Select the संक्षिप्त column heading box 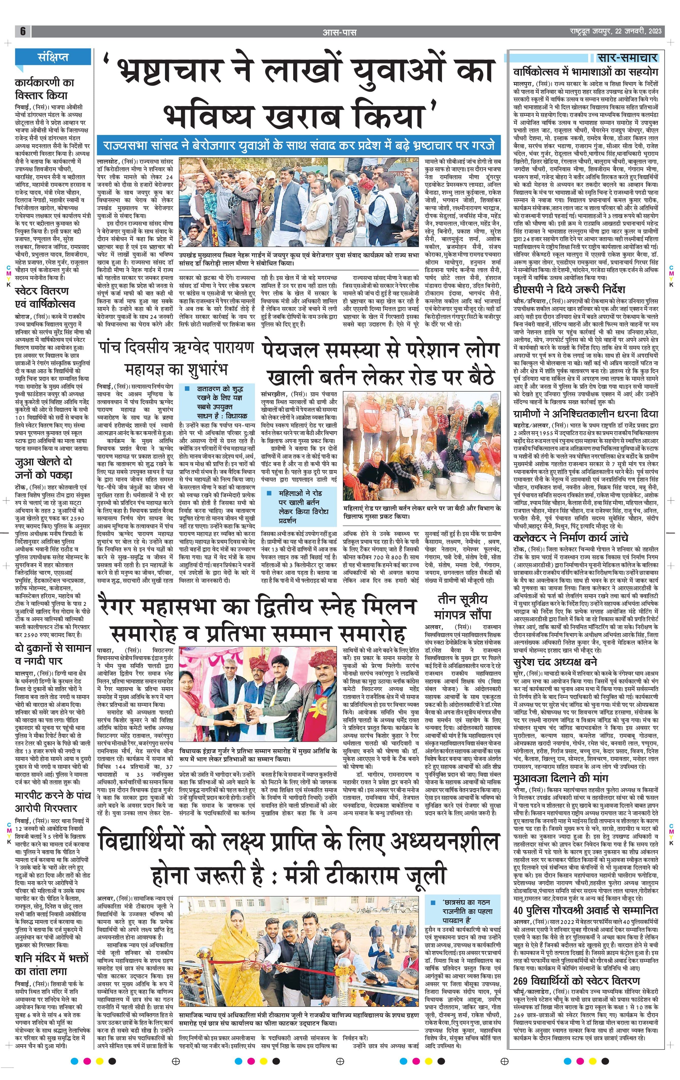click(x=53, y=57)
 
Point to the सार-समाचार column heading click(x=627, y=57)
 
